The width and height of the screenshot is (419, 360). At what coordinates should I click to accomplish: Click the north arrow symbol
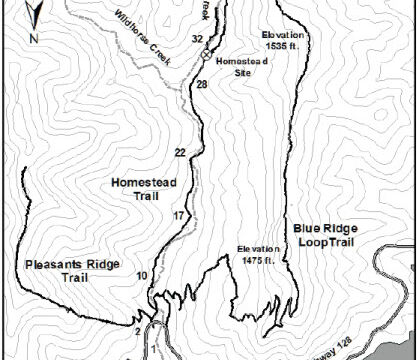(x=35, y=14)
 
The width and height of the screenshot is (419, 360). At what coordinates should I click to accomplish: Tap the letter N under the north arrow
(x=34, y=39)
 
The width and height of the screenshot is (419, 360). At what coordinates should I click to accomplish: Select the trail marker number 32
(x=197, y=38)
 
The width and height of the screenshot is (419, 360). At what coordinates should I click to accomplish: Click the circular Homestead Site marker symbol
(x=205, y=57)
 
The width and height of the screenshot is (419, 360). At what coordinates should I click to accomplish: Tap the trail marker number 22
(x=180, y=152)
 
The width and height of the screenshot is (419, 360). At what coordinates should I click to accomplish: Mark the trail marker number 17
(x=178, y=216)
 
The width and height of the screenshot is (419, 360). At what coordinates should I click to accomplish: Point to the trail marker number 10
(x=142, y=275)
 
